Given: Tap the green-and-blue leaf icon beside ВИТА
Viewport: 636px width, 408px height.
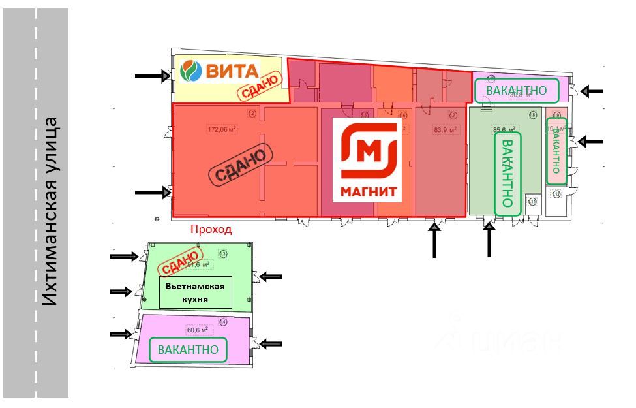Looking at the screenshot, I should pyautogui.click(x=190, y=71).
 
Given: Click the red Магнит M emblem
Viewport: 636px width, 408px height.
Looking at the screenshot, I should pyautogui.click(x=369, y=151).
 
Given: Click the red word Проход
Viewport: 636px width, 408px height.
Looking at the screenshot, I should pyautogui.click(x=211, y=230).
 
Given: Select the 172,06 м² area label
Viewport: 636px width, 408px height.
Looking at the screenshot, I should pyautogui.click(x=221, y=129).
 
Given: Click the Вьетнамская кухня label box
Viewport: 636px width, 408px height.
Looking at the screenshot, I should pyautogui.click(x=196, y=293).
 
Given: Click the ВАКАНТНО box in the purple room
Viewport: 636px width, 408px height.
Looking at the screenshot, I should pyautogui.click(x=189, y=349).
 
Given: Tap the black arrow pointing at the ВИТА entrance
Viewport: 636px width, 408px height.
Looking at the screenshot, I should pyautogui.click(x=152, y=76).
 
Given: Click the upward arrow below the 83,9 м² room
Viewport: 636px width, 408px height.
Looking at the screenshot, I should pyautogui.click(x=434, y=241).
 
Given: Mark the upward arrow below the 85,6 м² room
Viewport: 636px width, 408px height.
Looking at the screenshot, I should pyautogui.click(x=490, y=241).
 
